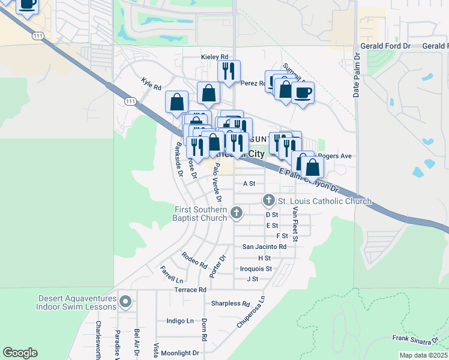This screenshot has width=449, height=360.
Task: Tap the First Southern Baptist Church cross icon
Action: [237, 212]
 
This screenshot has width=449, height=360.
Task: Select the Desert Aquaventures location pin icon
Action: [125, 301]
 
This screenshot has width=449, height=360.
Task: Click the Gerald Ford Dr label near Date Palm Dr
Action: [385, 46]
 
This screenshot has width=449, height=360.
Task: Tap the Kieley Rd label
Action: [214, 57]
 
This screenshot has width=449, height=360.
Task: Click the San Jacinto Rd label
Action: [264, 247]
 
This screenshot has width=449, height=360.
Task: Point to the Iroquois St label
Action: [256, 268]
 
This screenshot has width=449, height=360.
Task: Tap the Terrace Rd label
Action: [190, 290]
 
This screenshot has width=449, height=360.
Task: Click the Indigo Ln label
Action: [180, 321]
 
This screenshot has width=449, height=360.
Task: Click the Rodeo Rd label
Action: [194, 260]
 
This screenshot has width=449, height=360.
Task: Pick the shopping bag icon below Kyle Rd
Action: [177, 101]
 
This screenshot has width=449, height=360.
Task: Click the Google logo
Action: [20, 353]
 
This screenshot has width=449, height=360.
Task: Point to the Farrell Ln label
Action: [171, 275]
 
